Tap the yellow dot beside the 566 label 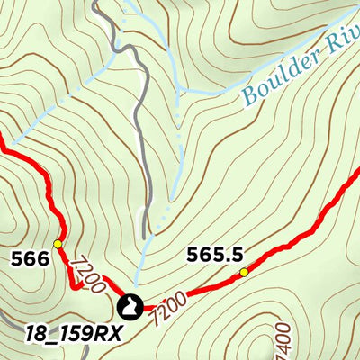pos(58,244)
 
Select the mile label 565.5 pos(217,255)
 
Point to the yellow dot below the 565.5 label pos(244,272)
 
